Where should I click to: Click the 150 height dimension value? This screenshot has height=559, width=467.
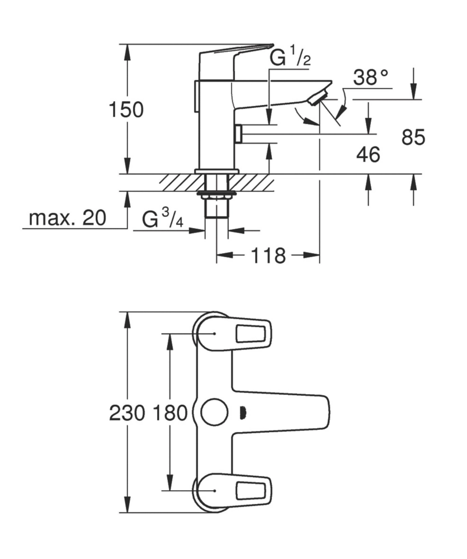[126, 110]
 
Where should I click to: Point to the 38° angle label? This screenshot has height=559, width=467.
[370, 78]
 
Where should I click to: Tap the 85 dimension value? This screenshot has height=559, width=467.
[413, 137]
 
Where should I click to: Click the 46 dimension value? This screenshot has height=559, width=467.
[368, 154]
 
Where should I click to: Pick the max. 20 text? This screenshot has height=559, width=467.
[67, 218]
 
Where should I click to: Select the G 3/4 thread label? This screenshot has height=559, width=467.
[163, 219]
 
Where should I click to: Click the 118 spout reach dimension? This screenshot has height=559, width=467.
[268, 256]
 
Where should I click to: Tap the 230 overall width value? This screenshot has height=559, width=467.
[127, 414]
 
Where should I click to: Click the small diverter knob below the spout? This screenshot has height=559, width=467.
[238, 134]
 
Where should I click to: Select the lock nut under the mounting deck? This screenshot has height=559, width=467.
[216, 195]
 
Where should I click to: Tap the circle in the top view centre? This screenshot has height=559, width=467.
[215, 413]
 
